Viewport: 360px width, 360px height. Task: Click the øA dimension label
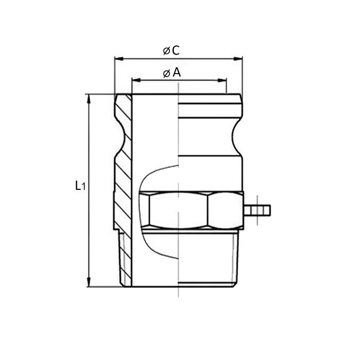pos(172,73)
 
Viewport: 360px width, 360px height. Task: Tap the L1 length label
pos(79,186)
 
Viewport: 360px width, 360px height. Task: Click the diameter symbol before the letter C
pos(166,51)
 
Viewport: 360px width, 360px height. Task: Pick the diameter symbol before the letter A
pos(166,74)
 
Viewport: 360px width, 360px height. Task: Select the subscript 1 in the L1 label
pos(82,188)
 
